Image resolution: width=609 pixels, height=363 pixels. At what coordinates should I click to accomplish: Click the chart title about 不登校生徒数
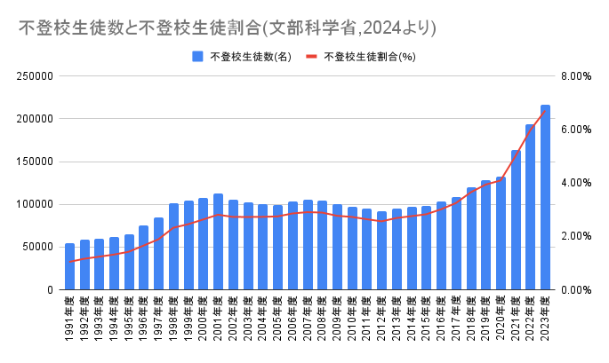click(x=228, y=28)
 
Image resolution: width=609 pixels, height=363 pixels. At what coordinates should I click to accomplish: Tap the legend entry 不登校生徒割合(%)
click(x=365, y=57)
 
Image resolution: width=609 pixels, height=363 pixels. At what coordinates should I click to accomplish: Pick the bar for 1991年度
click(x=70, y=266)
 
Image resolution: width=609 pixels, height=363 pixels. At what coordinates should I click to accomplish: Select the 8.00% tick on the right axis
click(x=576, y=76)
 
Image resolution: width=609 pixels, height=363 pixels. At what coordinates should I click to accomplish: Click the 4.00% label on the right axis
click(x=576, y=183)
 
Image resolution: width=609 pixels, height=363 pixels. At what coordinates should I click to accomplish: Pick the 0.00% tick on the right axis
click(x=576, y=289)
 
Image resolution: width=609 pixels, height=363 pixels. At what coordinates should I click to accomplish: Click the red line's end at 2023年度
click(x=545, y=110)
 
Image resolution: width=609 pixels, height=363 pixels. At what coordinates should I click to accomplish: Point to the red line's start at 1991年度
click(x=70, y=262)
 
